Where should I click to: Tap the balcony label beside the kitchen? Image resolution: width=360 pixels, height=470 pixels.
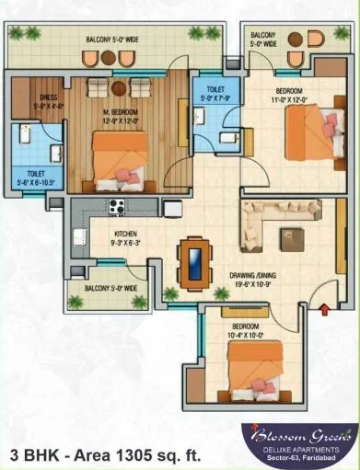[110, 288]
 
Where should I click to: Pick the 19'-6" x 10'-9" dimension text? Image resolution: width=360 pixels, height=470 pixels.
[252, 285]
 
